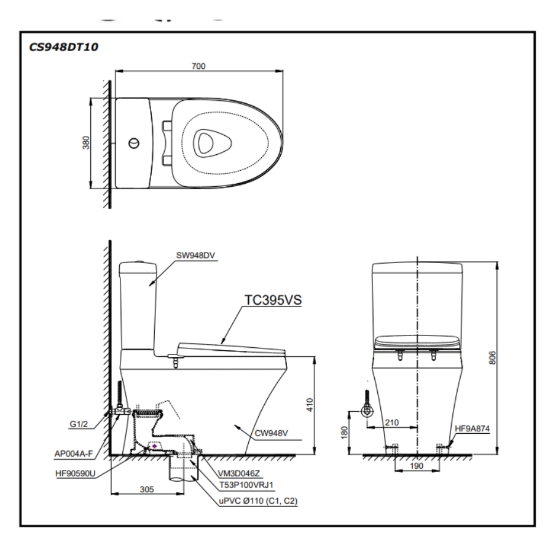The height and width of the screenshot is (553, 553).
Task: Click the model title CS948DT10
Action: (x=56, y=47)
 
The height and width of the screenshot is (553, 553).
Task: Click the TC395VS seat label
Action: (x=274, y=299)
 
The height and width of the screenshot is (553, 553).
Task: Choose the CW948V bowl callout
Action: (x=271, y=433)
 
